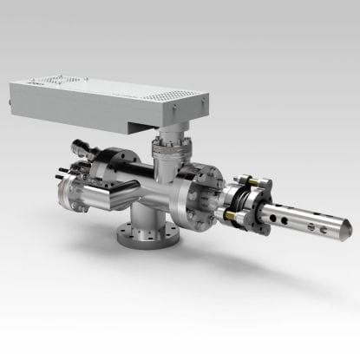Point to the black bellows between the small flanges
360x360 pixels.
click(x=243, y=200)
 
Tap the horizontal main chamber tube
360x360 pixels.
click(x=165, y=182)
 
